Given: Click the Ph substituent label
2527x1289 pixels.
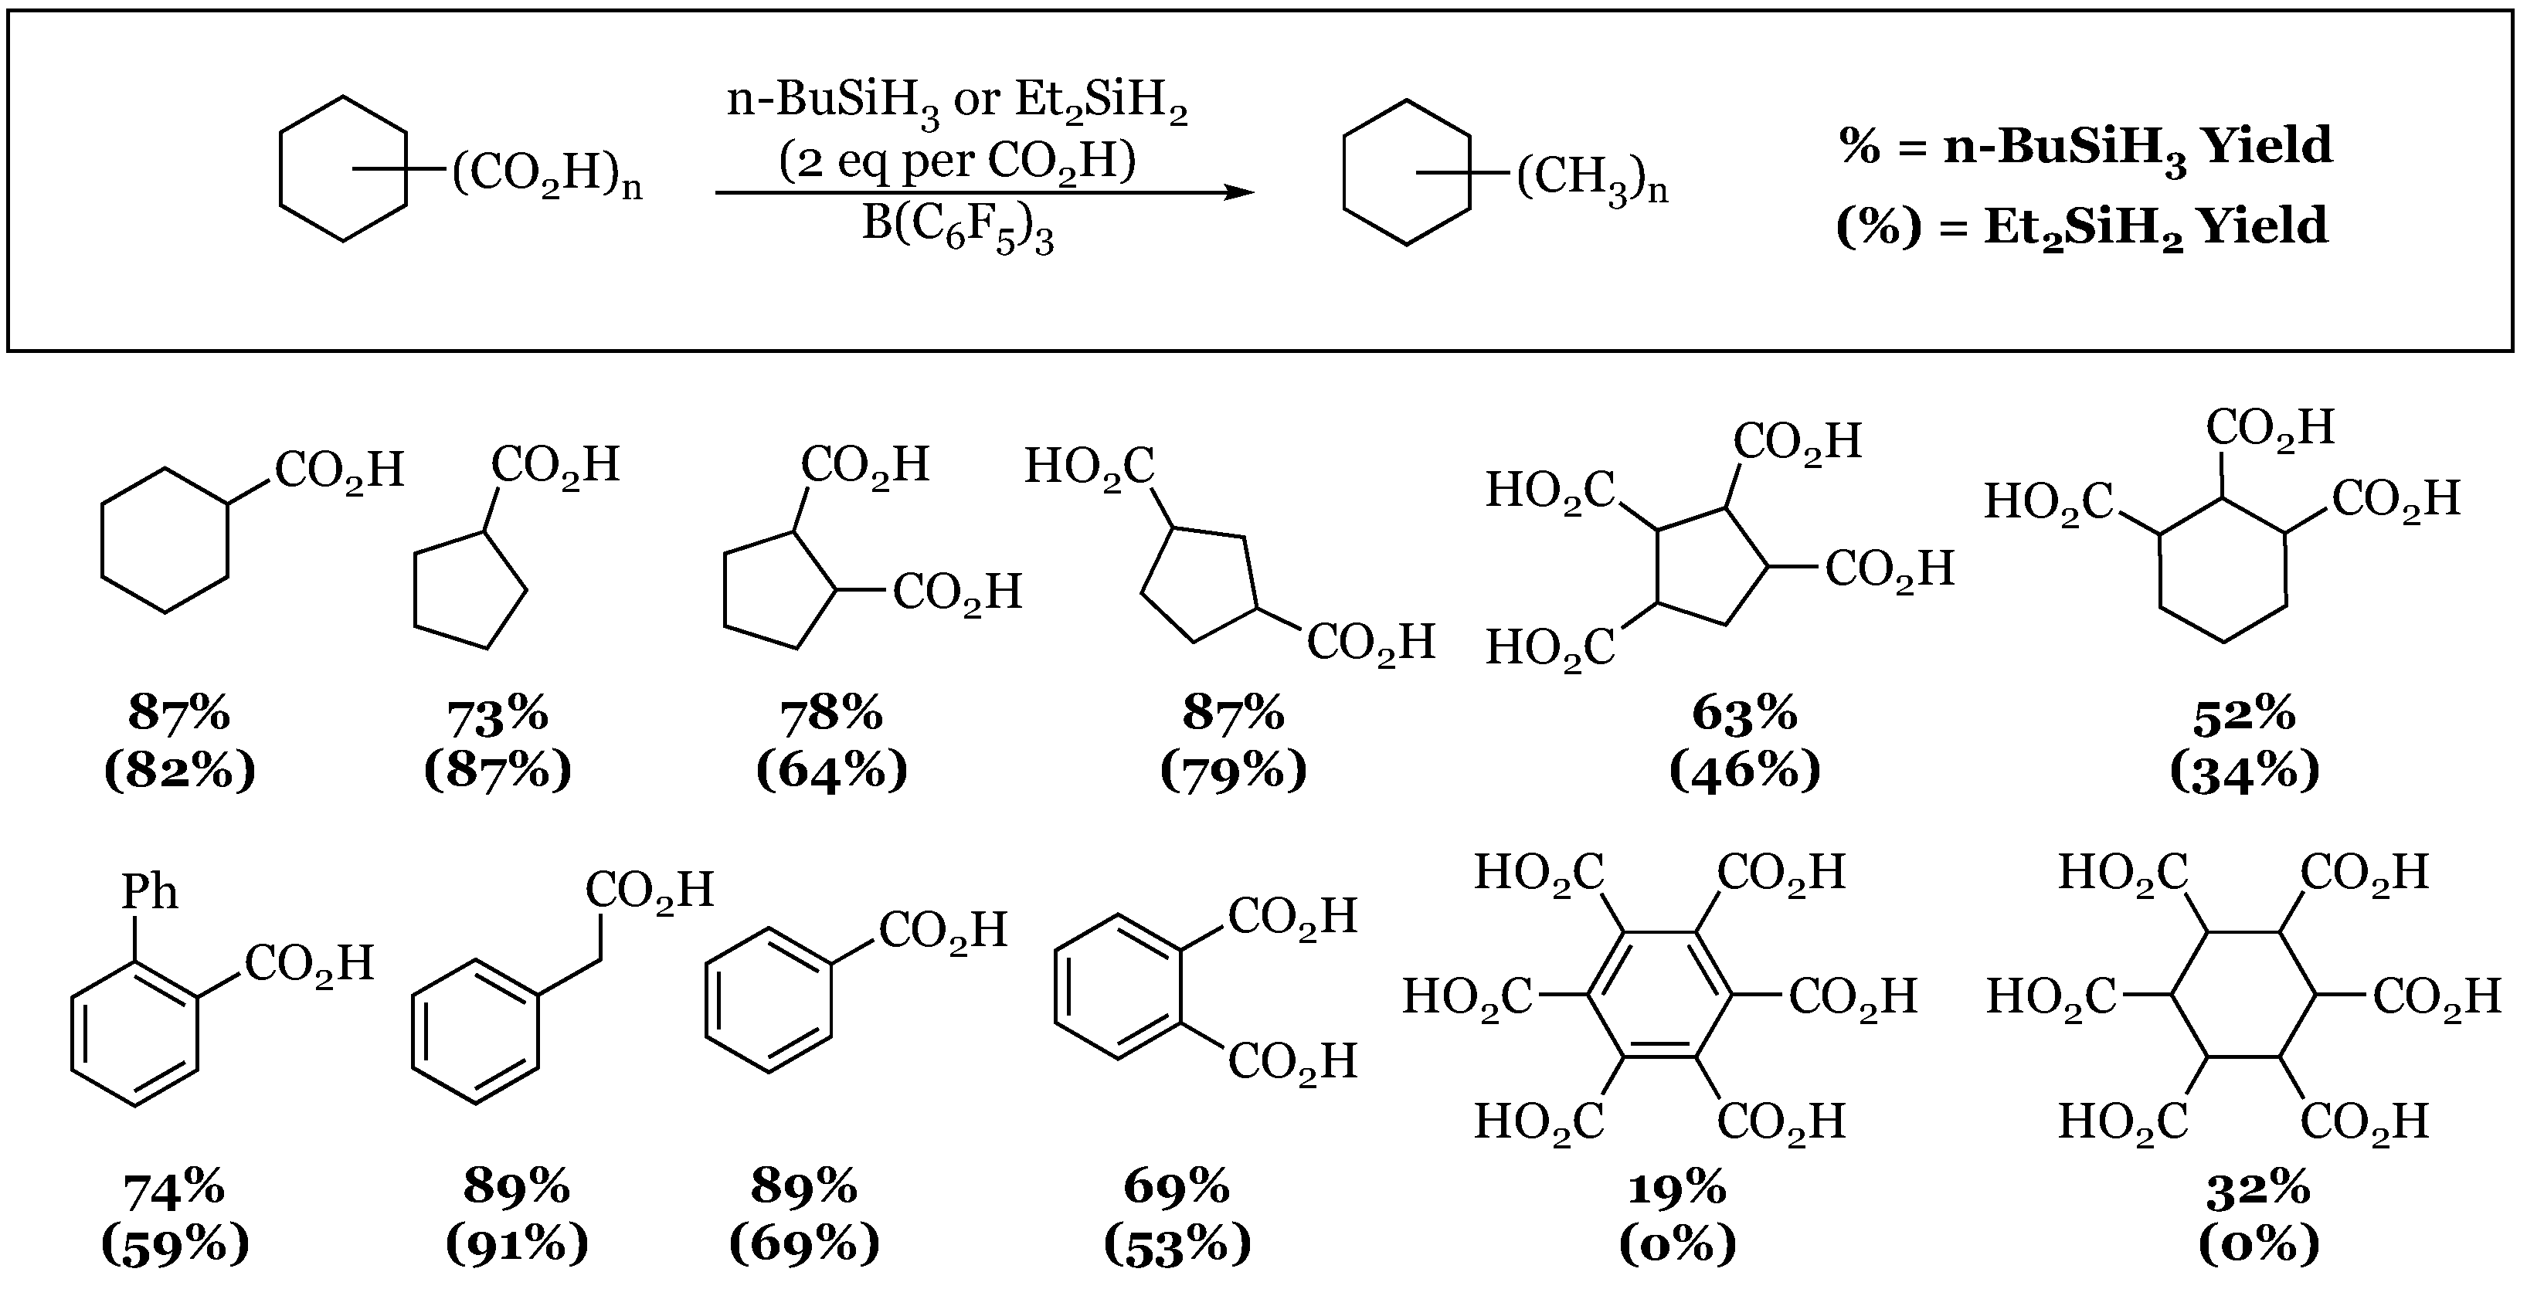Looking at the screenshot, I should [x=149, y=893].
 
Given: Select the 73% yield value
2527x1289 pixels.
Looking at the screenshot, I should [x=498, y=715].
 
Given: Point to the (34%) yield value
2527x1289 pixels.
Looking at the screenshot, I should [x=2244, y=772].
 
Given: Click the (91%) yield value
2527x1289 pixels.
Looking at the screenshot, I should [x=517, y=1245].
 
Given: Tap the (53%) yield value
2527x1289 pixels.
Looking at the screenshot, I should [x=1177, y=1245].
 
